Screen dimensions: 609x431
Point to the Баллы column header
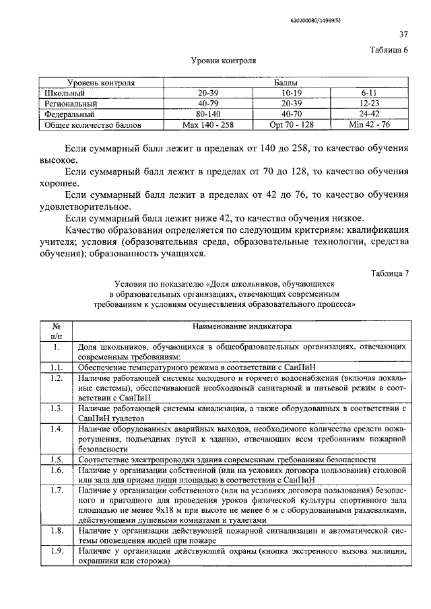286,83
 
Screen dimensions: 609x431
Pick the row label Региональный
71,104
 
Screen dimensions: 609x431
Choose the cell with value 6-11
370,94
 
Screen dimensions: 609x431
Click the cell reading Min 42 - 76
370,124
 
